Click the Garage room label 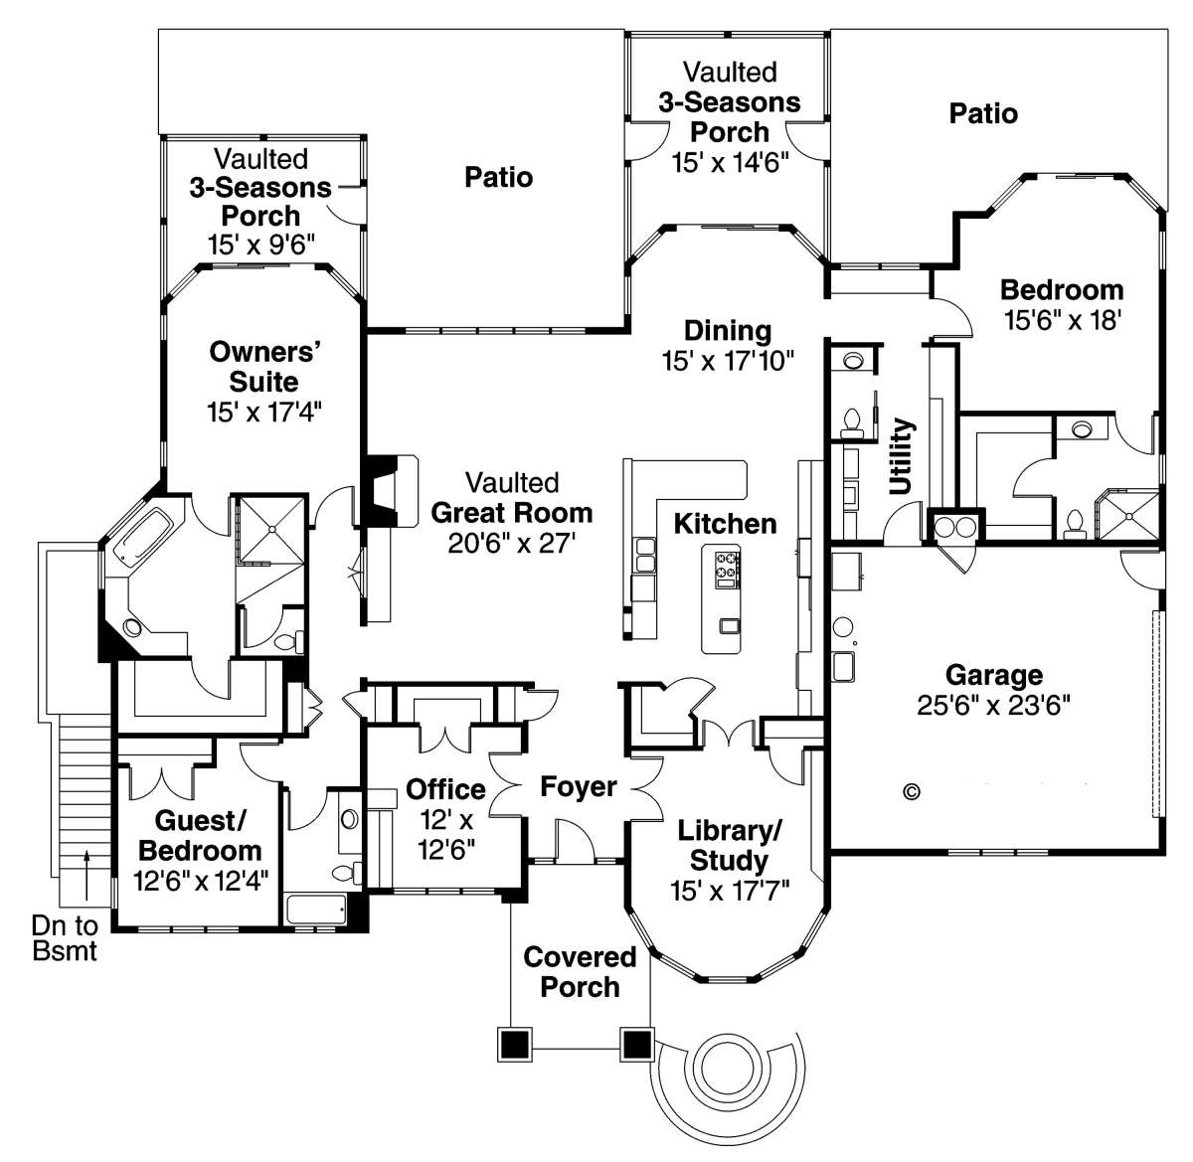point(994,675)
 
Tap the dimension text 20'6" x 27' point(511,543)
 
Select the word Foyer point(579,787)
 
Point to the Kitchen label point(725,524)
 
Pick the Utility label point(901,456)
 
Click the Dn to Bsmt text point(65,937)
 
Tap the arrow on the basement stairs point(87,875)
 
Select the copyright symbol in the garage point(913,792)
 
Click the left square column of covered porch point(515,1043)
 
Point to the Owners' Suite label point(264,367)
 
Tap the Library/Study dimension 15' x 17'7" point(729,891)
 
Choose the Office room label point(445,789)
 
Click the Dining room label point(728,331)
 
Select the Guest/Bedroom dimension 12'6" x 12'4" point(201,882)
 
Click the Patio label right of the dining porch point(983,113)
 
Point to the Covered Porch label point(580,972)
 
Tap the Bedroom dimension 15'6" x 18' point(1063,319)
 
